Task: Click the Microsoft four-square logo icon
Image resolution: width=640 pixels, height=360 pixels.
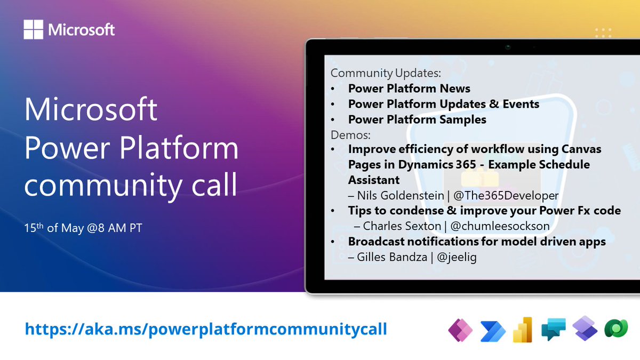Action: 34,29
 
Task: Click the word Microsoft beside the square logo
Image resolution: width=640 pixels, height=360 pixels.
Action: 81,29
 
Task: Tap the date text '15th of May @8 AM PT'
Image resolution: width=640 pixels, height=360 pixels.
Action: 83,228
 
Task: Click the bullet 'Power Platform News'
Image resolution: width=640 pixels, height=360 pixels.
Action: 409,89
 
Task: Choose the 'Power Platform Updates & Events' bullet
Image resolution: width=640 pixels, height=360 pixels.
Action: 444,104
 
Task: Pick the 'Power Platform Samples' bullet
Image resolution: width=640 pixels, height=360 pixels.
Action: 417,119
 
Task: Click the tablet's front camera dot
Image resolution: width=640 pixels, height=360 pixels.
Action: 507,47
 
